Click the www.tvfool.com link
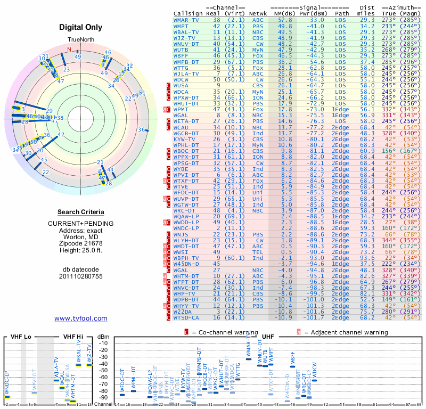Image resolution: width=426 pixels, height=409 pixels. pyautogui.click(x=81, y=318)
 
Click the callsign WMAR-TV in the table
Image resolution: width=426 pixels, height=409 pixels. pyautogui.click(x=186, y=20)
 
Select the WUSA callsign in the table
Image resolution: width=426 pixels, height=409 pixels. pyautogui.click(x=181, y=85)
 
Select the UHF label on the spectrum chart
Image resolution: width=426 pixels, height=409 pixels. pyautogui.click(x=268, y=337)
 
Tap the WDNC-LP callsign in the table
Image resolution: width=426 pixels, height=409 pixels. pyautogui.click(x=186, y=227)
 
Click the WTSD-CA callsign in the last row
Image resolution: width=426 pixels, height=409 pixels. pyautogui.click(x=186, y=317)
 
